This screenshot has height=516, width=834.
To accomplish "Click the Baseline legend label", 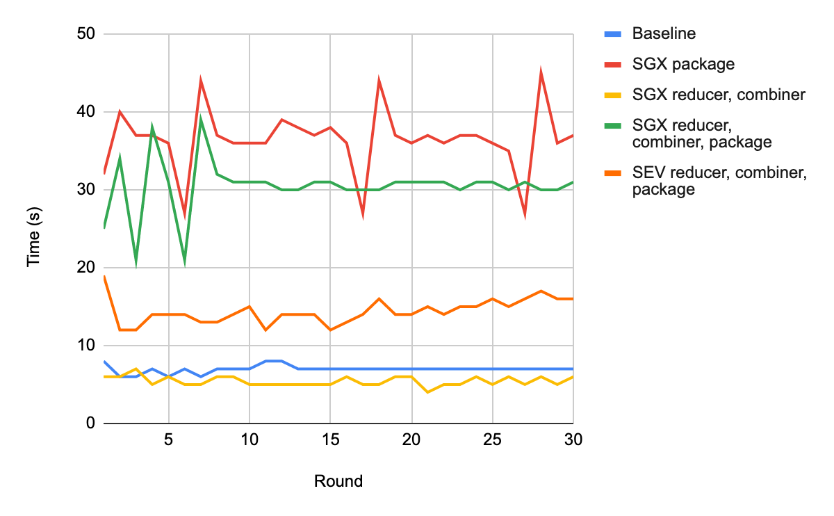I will coord(664,33).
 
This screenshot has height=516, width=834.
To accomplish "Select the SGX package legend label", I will coord(683,64).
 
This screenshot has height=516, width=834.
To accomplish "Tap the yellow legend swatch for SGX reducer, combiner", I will coord(611,94).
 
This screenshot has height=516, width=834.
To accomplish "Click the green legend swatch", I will coord(611,124).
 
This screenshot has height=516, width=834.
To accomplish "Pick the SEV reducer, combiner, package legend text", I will coord(719,180).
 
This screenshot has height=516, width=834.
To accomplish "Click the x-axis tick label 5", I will coord(168,440).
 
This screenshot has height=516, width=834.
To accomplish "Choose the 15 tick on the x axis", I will coord(331,440).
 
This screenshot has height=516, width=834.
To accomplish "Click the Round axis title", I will coord(338,481).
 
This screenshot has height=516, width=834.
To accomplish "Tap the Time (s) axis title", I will coord(33,229).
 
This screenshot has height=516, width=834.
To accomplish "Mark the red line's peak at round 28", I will coord(541,73).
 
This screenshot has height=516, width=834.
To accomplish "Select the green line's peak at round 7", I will coord(201,120).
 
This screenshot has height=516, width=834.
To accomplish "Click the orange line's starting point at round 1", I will coord(104,276).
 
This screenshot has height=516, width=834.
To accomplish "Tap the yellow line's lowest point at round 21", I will coord(428,392).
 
